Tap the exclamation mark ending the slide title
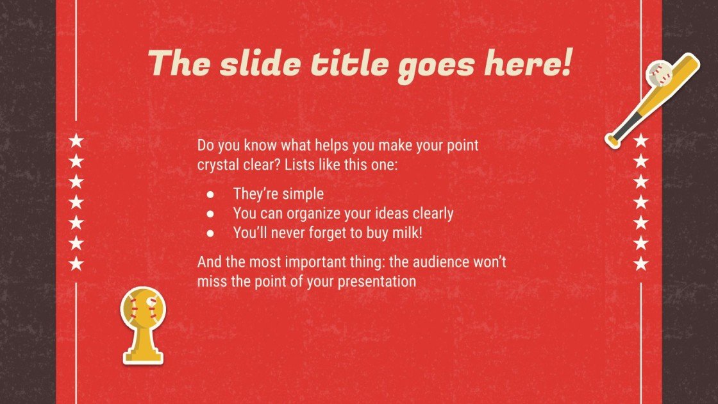(x=564, y=64)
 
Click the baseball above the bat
(x=659, y=74)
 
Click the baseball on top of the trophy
(x=142, y=307)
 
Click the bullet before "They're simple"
(x=210, y=194)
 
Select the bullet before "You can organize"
(x=210, y=214)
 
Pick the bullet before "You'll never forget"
(x=210, y=234)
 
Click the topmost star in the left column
(x=77, y=140)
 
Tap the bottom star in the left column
(x=77, y=263)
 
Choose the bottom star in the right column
(x=641, y=263)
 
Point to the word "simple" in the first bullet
(x=305, y=194)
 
